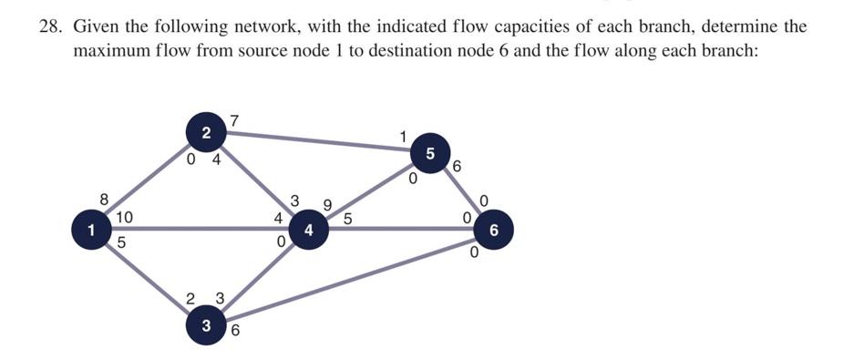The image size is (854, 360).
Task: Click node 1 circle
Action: tap(92, 230)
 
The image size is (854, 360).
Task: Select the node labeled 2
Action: tap(206, 133)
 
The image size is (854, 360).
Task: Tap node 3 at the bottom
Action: tap(206, 325)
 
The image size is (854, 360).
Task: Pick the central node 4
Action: tap(309, 230)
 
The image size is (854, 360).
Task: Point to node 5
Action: tap(431, 152)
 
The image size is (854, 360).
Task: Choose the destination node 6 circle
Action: tap(493, 230)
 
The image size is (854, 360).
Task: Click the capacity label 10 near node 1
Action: tap(125, 217)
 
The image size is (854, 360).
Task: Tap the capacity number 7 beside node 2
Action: tap(234, 120)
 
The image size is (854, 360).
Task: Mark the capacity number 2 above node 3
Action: tap(190, 299)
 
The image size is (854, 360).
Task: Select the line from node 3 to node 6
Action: tap(355, 278)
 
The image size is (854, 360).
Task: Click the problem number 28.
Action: tap(50, 26)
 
